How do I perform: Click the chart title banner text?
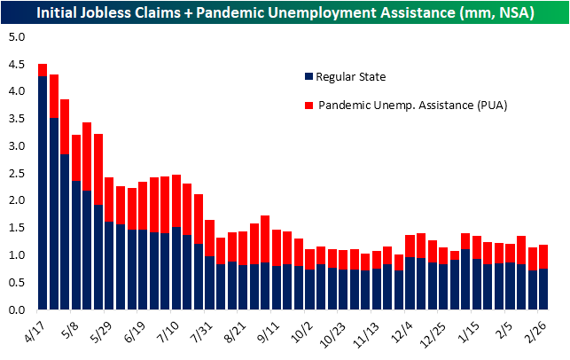coord(284,12)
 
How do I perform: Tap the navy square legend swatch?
coord(308,77)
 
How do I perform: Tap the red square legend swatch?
coord(308,105)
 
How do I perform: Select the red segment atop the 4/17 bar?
coord(43,70)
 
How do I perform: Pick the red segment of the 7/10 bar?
coord(176,200)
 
